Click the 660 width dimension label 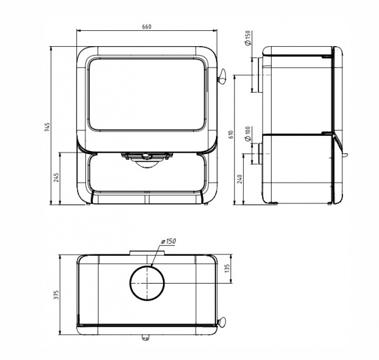147,27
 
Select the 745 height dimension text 47,127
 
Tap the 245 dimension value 56,177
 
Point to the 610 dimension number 231,135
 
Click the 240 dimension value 240,179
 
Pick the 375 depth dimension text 56,295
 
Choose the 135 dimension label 227,268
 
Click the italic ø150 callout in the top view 169,241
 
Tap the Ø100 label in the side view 248,134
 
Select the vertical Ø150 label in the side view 248,38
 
